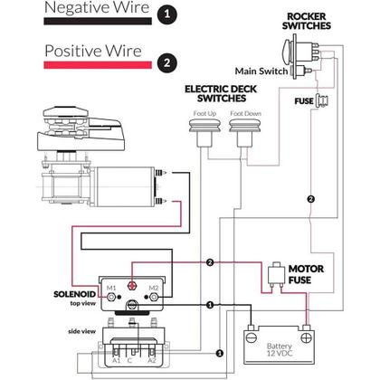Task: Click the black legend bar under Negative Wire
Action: [x=98, y=21]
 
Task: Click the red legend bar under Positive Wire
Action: [x=98, y=65]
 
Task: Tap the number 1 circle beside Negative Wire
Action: [x=166, y=14]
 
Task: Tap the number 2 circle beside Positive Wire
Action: [x=166, y=62]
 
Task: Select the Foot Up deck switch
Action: [x=204, y=132]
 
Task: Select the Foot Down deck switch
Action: [x=244, y=132]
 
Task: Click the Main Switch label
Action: [x=261, y=71]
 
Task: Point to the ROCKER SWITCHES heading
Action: [x=307, y=21]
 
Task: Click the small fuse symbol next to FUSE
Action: [x=322, y=100]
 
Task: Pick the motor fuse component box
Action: [x=277, y=274]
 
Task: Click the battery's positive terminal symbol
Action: [x=307, y=337]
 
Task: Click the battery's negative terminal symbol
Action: [x=252, y=337]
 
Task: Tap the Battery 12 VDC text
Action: [x=280, y=350]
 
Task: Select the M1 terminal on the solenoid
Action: [x=111, y=297]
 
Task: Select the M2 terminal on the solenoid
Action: [x=154, y=297]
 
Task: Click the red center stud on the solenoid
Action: [x=132, y=285]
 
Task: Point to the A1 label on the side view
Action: [x=117, y=360]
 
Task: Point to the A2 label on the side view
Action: [x=152, y=360]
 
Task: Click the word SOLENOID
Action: [x=75, y=294]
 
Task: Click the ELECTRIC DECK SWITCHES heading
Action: [x=221, y=93]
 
